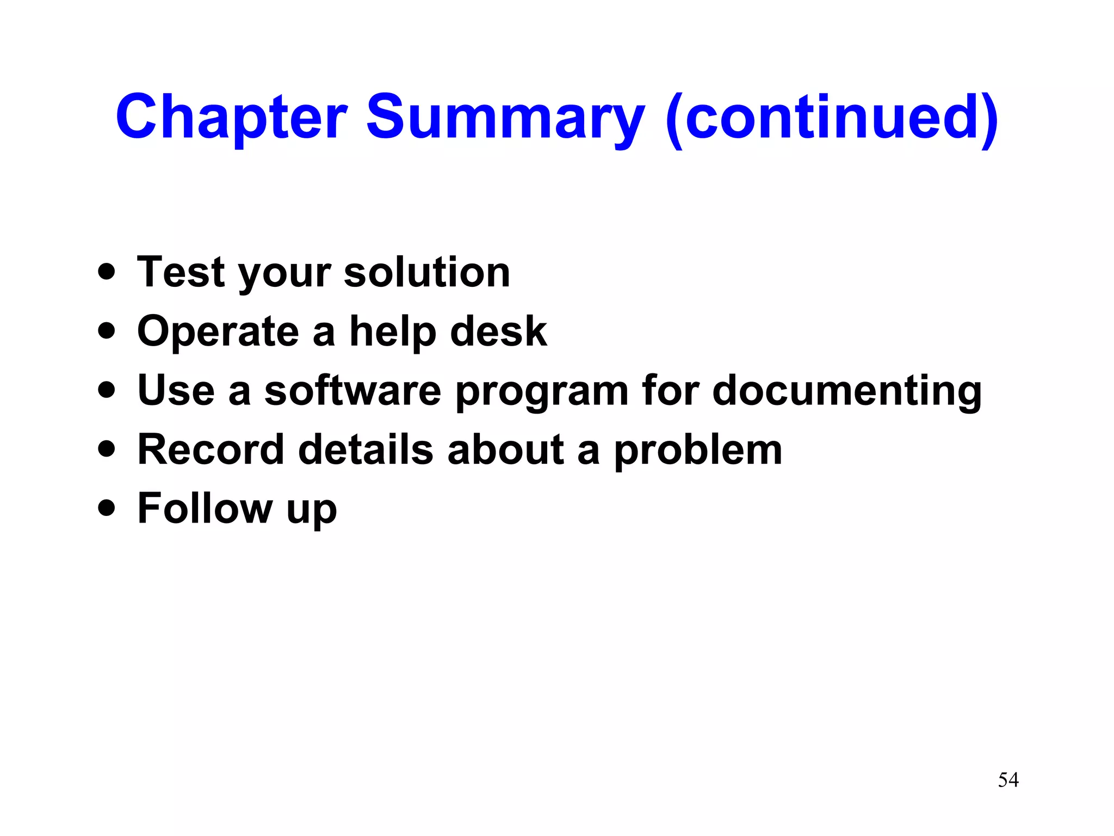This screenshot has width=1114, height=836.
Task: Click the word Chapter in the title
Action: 231,117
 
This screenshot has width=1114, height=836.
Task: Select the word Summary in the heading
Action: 505,117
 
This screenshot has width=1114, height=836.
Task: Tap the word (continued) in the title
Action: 832,117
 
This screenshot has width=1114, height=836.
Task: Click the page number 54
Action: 1008,780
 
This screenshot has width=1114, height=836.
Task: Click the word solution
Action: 427,272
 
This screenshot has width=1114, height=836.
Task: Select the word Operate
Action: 218,331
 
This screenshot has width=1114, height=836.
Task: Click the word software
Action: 352,390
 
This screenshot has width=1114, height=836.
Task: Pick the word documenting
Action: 847,390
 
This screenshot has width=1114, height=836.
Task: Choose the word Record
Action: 211,450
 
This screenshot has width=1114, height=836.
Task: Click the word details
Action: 366,450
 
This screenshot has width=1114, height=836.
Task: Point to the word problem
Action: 698,450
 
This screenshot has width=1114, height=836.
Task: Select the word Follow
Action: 205,508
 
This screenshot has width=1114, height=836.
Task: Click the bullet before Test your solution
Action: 107,271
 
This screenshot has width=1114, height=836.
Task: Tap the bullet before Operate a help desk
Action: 107,330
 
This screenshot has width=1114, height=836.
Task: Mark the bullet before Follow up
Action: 107,508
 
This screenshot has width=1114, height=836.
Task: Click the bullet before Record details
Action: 107,448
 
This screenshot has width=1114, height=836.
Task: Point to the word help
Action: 393,331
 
